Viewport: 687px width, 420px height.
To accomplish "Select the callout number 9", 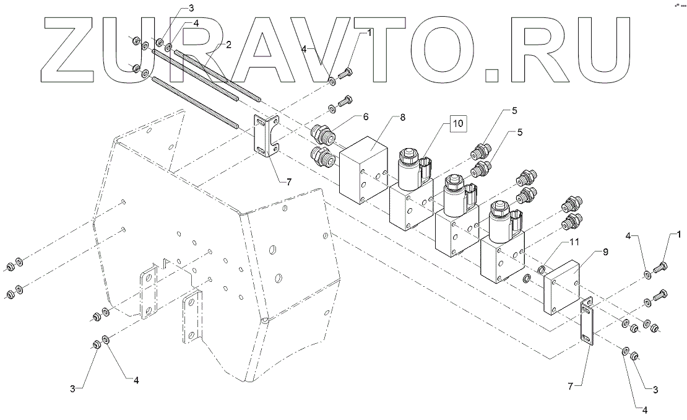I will (588, 253).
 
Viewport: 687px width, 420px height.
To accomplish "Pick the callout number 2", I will (228, 45).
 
